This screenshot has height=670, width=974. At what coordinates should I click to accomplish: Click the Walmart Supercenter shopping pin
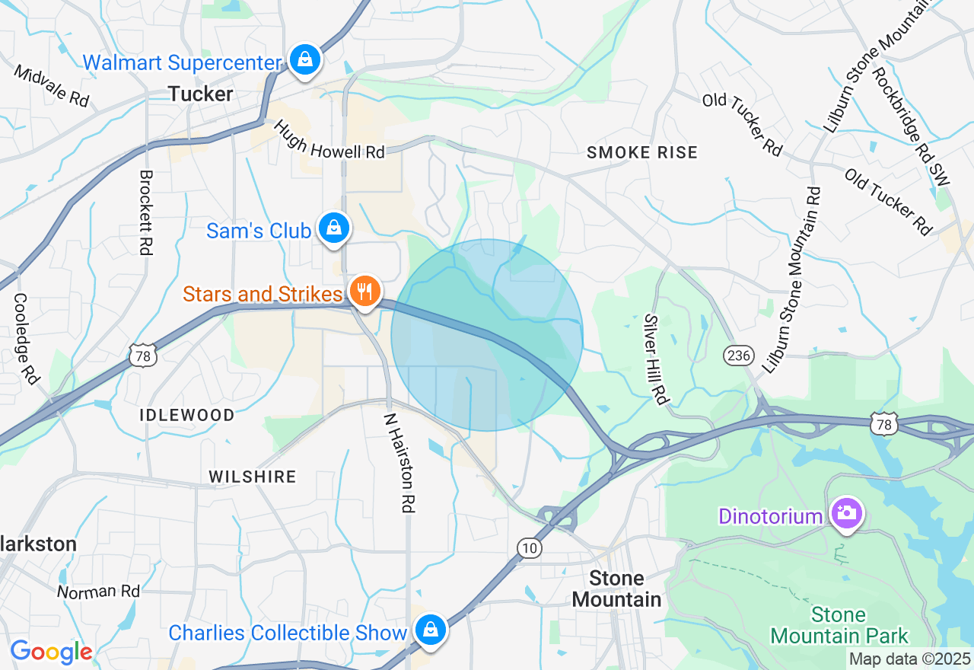(x=304, y=59)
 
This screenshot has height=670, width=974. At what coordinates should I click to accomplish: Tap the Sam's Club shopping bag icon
(x=333, y=227)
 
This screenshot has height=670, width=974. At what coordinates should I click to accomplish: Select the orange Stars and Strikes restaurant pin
(x=365, y=290)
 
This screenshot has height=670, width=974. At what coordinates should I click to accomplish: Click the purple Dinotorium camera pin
(x=845, y=512)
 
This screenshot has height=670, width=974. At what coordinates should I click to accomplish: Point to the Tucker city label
(x=200, y=94)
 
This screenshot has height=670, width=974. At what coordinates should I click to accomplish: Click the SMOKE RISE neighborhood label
(x=642, y=153)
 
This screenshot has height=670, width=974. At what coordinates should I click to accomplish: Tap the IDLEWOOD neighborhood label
(x=187, y=416)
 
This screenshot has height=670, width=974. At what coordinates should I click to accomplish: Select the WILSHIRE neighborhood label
(x=253, y=477)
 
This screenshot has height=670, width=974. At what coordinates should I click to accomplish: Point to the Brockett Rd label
(x=145, y=212)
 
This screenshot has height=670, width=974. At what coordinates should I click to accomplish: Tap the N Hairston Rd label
(x=400, y=462)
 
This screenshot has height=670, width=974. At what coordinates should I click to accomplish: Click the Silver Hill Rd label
(x=655, y=359)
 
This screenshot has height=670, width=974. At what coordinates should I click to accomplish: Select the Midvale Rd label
(x=51, y=85)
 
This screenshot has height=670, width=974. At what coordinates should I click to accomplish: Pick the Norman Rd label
(x=99, y=591)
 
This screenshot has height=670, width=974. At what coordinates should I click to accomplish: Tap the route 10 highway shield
(x=530, y=547)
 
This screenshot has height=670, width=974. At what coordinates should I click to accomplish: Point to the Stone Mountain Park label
(x=839, y=625)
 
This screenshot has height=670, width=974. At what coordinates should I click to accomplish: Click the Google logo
(x=51, y=652)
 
